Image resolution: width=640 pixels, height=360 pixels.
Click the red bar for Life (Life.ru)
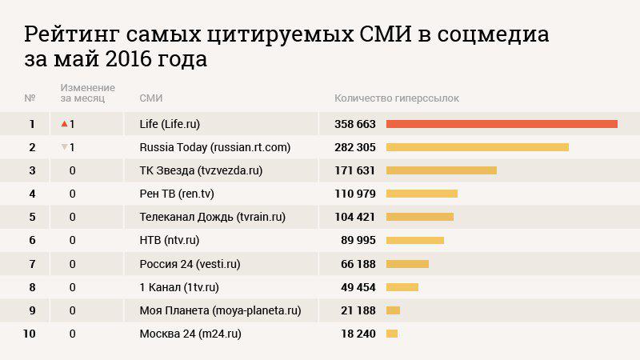[502, 124]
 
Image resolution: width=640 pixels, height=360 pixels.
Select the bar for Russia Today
[477, 147]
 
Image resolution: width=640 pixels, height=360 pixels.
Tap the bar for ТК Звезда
[441, 170]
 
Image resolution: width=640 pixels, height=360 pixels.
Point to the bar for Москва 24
[392, 334]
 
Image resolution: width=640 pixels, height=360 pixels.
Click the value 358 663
[349, 124]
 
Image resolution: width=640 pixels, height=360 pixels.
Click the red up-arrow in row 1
[64, 124]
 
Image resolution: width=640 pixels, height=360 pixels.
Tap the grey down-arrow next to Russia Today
[64, 147]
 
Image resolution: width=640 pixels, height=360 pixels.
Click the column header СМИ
[151, 98]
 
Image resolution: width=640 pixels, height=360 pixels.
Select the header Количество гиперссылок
[397, 98]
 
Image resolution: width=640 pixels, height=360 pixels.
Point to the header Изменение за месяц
[87, 93]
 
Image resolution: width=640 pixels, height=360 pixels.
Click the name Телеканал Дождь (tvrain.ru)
[212, 217]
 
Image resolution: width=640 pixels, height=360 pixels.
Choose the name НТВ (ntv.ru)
[169, 240]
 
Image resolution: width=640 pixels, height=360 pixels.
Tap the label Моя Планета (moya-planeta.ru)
[220, 310]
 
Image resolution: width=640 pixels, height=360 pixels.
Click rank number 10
[30, 334]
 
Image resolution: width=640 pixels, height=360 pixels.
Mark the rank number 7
[32, 264]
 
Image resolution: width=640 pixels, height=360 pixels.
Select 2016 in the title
[126, 60]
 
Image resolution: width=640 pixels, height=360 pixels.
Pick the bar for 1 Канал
[402, 287]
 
